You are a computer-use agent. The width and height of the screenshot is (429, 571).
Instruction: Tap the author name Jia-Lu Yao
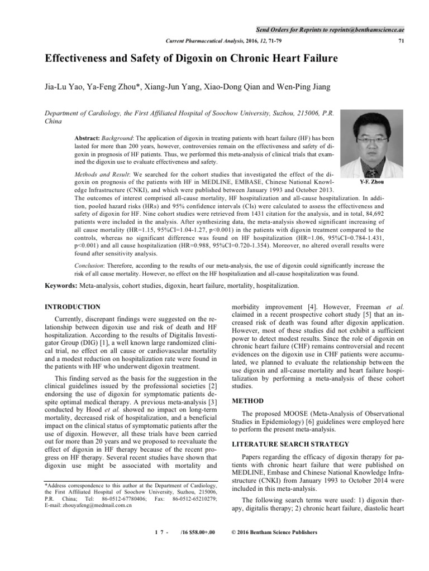pos(64,87)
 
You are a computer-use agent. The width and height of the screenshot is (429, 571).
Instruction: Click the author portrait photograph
pos(364,142)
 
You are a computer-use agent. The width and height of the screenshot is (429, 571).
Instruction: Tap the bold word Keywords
pos(61,285)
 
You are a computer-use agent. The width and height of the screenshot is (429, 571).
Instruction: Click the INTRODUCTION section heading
pos(73,307)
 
